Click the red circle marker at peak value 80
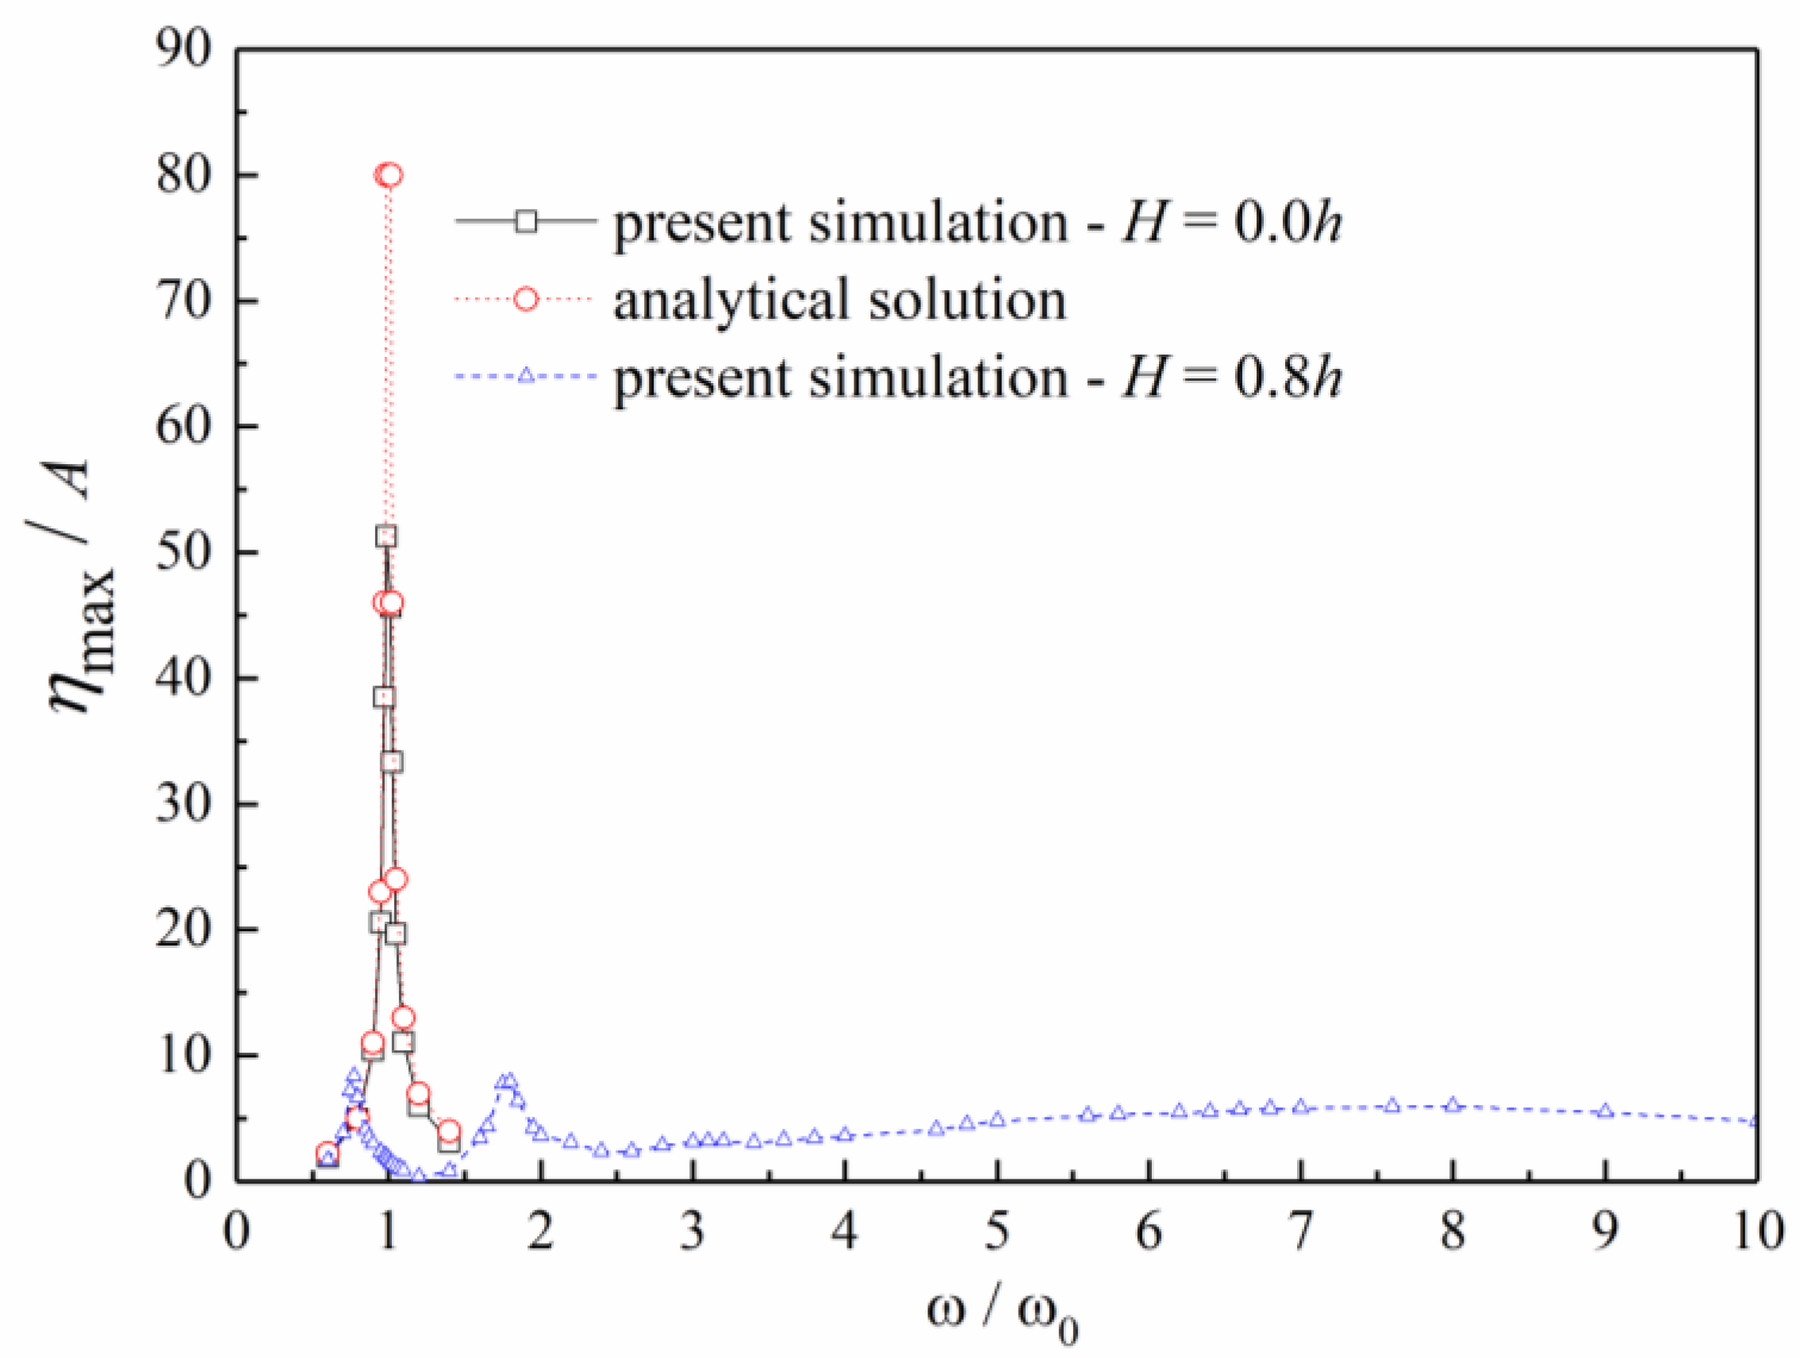pos(389,175)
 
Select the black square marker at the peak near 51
pos(386,536)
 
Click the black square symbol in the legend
pos(527,221)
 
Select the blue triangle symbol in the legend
pos(527,376)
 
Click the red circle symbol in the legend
pos(527,299)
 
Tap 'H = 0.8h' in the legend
pos(1232,378)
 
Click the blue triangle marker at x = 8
pos(1453,1105)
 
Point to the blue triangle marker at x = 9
pos(1606,1111)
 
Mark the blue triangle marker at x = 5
pos(998,1119)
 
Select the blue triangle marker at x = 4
pos(845,1134)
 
